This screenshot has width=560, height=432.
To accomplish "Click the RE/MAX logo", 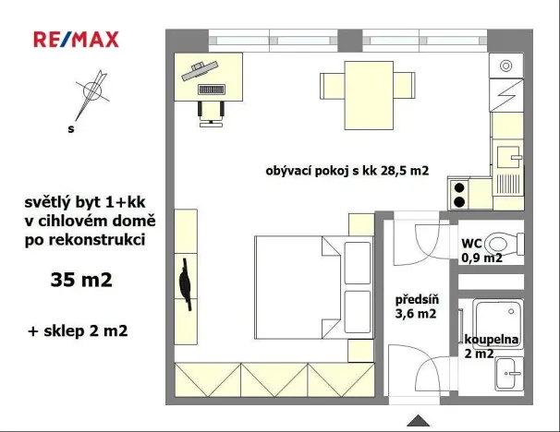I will [76, 40].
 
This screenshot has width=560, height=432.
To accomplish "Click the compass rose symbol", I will [91, 90].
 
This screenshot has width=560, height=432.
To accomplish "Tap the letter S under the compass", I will [70, 129].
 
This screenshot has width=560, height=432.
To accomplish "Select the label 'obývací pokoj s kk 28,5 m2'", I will [347, 170].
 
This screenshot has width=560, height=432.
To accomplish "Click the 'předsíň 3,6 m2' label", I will [416, 306].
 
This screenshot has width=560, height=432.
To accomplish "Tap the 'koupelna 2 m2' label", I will [492, 346].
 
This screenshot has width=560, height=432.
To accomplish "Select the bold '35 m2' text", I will [81, 280].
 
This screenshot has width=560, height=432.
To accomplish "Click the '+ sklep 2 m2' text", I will [79, 330].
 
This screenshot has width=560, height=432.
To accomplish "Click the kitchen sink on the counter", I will [507, 158].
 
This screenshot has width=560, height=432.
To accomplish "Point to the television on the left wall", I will [186, 286].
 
